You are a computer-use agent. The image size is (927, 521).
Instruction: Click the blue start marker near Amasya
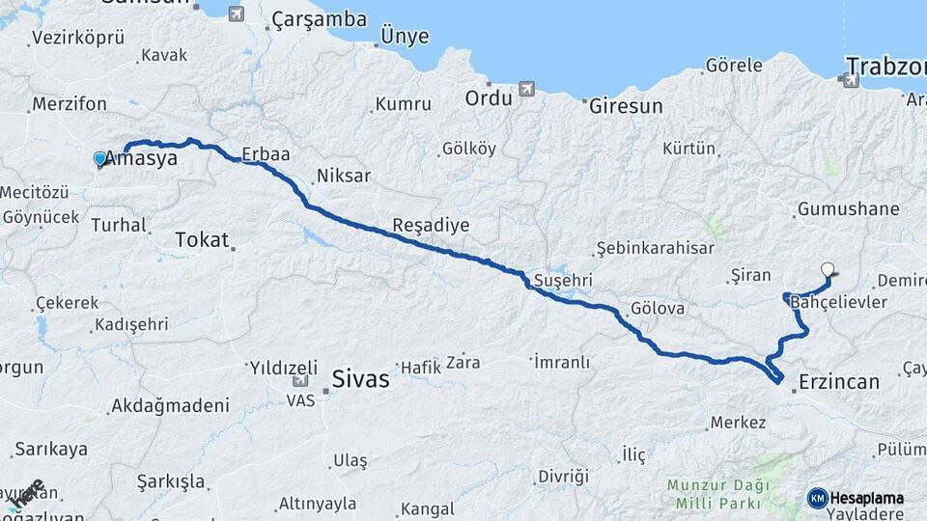click(x=100, y=158)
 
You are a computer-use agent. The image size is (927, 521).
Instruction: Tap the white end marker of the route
click(x=828, y=270)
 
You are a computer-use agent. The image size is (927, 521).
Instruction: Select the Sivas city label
click(x=360, y=378)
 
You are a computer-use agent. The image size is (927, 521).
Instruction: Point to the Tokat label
click(x=202, y=240)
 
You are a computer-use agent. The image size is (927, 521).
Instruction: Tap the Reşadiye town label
click(x=431, y=225)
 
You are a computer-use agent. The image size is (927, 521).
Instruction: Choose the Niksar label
click(x=344, y=177)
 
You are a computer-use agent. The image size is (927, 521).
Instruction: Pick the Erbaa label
click(x=267, y=153)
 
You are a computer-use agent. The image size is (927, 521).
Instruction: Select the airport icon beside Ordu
click(x=526, y=89)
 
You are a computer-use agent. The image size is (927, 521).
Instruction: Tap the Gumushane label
click(x=848, y=208)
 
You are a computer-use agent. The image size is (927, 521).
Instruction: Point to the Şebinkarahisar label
click(x=655, y=248)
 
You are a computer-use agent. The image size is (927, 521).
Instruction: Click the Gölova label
click(x=657, y=310)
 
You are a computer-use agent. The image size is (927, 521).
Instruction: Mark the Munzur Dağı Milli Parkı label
click(x=716, y=493)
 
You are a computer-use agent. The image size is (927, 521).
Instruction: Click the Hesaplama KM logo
click(x=856, y=498)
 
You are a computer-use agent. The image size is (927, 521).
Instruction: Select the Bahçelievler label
click(x=838, y=303)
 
